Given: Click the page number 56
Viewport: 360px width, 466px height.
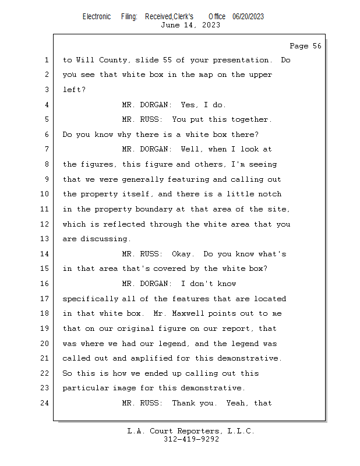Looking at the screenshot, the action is pyautogui.click(x=317, y=46).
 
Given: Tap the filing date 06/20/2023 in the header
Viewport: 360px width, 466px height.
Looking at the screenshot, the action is pyautogui.click(x=248, y=17).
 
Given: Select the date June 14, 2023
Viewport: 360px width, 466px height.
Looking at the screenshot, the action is pyautogui.click(x=190, y=25).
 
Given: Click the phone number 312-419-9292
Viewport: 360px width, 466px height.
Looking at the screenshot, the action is pyautogui.click(x=192, y=439).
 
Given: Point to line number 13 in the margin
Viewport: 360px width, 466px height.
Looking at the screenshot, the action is pyautogui.click(x=45, y=239).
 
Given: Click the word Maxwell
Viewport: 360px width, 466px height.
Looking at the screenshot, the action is pyautogui.click(x=188, y=313).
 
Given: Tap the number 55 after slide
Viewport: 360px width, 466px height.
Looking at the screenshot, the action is pyautogui.click(x=167, y=60).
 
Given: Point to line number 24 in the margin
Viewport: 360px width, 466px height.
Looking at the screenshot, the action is pyautogui.click(x=45, y=403).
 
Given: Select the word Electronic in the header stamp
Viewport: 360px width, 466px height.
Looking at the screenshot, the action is pyautogui.click(x=97, y=17).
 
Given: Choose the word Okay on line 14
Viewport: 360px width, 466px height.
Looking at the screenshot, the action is pyautogui.click(x=183, y=254).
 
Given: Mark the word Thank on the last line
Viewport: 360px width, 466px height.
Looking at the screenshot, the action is pyautogui.click(x=183, y=403).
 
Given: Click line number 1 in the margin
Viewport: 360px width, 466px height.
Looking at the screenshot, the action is pyautogui.click(x=47, y=60).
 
